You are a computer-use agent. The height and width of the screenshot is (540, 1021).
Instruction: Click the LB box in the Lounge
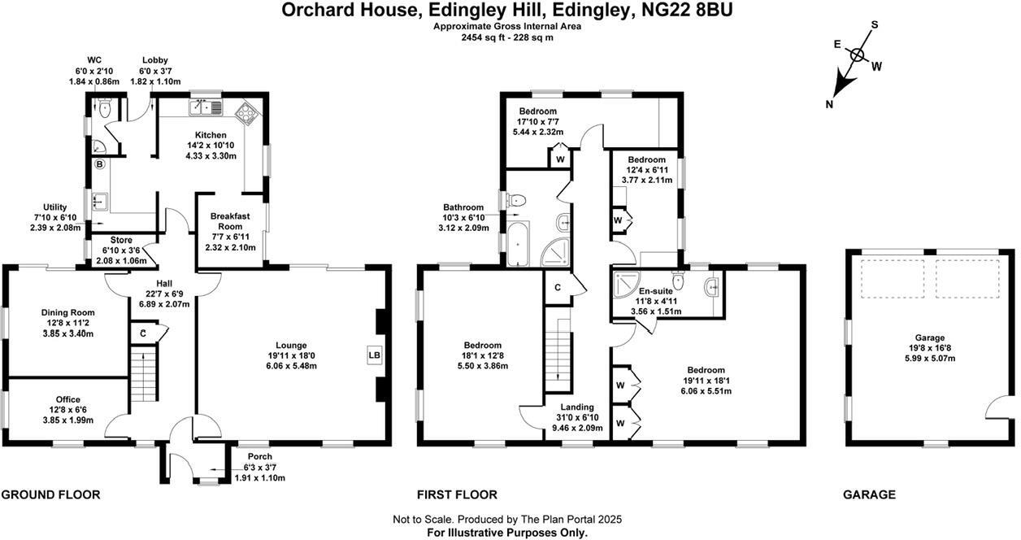pos(375,355)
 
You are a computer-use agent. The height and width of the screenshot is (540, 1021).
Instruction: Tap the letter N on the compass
pos(828,103)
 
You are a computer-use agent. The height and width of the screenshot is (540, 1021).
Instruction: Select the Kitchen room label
pos(210,135)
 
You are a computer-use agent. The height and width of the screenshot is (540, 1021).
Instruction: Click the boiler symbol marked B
pos(100,164)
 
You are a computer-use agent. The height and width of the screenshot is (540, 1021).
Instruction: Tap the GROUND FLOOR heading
pos(50,494)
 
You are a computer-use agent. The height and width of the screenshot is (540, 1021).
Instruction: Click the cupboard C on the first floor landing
pos(558,288)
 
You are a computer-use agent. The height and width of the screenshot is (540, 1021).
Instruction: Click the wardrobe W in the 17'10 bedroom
pos(561,159)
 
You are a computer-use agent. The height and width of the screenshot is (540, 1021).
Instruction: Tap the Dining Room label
pos(68,312)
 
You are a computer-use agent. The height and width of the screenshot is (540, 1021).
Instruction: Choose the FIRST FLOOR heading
pos(457,494)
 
